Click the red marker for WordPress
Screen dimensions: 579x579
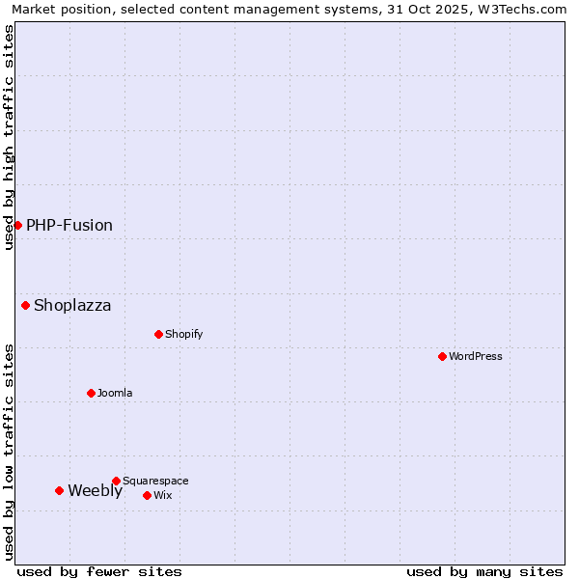[442, 356]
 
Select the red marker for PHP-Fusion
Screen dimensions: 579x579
[17, 225]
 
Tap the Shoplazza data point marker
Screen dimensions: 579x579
[25, 305]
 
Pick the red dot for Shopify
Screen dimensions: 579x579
[158, 334]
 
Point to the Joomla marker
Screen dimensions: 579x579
[91, 393]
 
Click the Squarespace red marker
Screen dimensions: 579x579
[116, 481]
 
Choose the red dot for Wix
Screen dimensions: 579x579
[147, 495]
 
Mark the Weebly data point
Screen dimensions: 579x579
[59, 490]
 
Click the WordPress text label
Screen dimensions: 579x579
[476, 356]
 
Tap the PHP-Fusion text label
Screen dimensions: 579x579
[69, 225]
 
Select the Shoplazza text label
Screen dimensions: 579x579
[72, 306]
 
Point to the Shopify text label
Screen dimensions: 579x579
[183, 334]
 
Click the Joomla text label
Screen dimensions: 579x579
[115, 393]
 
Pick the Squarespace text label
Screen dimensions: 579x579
[155, 481]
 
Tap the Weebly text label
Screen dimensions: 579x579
[95, 491]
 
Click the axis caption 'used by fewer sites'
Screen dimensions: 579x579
[99, 571]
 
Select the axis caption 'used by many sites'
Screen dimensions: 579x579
[484, 571]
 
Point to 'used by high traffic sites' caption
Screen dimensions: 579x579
[10, 137]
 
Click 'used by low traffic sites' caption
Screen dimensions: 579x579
[10, 452]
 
